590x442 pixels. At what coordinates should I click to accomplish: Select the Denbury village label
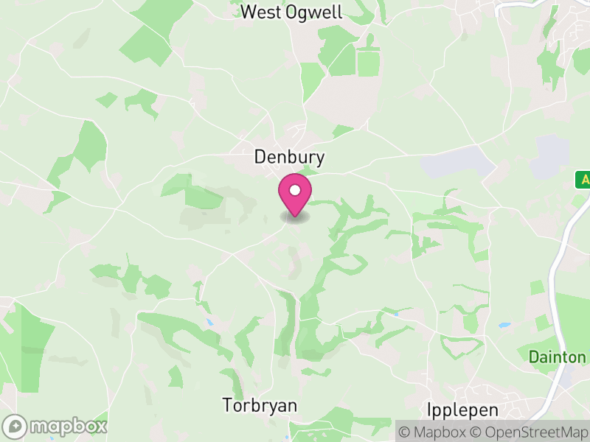[289, 157]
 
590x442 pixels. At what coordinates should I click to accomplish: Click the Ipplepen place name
[462, 410]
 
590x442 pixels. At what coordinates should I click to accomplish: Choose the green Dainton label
[557, 357]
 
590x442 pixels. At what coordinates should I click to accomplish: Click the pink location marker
[295, 195]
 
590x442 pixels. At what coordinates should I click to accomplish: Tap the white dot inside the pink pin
[295, 190]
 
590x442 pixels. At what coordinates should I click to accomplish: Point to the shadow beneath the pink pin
[295, 218]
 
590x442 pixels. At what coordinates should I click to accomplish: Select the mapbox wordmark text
[69, 427]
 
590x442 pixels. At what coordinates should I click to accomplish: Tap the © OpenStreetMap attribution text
[529, 431]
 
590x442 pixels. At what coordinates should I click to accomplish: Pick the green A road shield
[583, 179]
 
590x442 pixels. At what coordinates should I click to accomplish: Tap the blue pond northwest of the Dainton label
[504, 325]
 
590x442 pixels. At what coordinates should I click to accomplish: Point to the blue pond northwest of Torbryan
[211, 323]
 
